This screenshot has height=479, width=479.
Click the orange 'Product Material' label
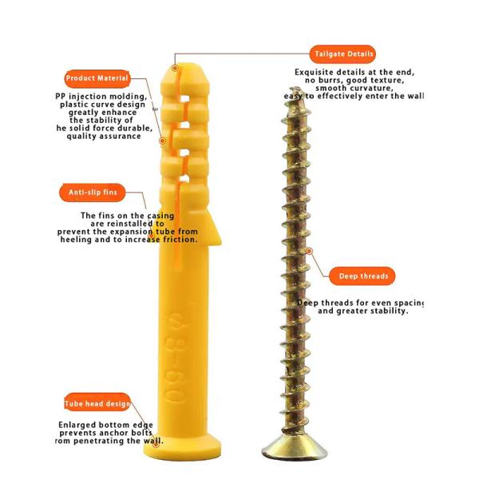click(97, 78)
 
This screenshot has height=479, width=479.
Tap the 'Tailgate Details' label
click(343, 54)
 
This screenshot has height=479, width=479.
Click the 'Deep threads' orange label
click(362, 276)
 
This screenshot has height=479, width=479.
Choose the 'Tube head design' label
click(97, 403)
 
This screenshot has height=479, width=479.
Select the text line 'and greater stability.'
click(363, 311)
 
